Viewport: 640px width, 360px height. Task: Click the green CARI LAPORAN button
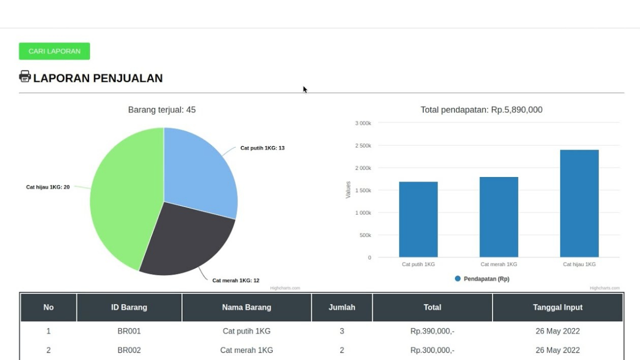point(54,51)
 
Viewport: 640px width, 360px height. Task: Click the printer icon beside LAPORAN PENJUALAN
point(25,76)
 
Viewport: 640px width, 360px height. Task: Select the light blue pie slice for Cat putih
point(200,170)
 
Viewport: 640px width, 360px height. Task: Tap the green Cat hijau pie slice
point(125,200)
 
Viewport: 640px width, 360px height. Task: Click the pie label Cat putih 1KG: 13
point(262,148)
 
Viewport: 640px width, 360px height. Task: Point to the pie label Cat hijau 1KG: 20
point(47,187)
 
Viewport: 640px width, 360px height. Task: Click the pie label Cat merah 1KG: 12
point(235,280)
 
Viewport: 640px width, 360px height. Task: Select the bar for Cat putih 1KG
point(418,220)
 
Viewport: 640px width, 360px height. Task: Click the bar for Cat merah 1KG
point(498,217)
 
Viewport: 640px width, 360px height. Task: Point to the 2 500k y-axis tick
point(363,145)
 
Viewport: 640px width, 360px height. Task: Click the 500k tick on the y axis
point(365,235)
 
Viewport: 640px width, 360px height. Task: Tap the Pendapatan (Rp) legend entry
point(482,279)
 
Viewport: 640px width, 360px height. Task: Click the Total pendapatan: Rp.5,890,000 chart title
point(481,110)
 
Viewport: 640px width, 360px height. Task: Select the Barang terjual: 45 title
point(162,110)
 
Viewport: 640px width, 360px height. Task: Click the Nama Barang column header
point(246,307)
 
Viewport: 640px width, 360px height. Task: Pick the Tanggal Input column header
point(557,307)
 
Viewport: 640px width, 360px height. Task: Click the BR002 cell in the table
point(129,350)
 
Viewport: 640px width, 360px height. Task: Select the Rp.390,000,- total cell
point(432,331)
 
